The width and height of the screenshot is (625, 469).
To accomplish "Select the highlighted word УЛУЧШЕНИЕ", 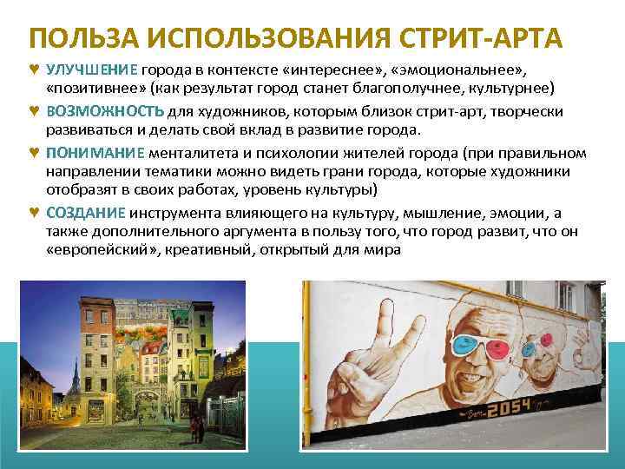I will [x=90, y=71].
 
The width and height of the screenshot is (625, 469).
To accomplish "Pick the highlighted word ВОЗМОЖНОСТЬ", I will [x=103, y=112].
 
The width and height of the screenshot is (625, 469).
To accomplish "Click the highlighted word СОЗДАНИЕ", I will [x=86, y=214].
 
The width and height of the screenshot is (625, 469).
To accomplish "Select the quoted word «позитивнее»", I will [x=95, y=90].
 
